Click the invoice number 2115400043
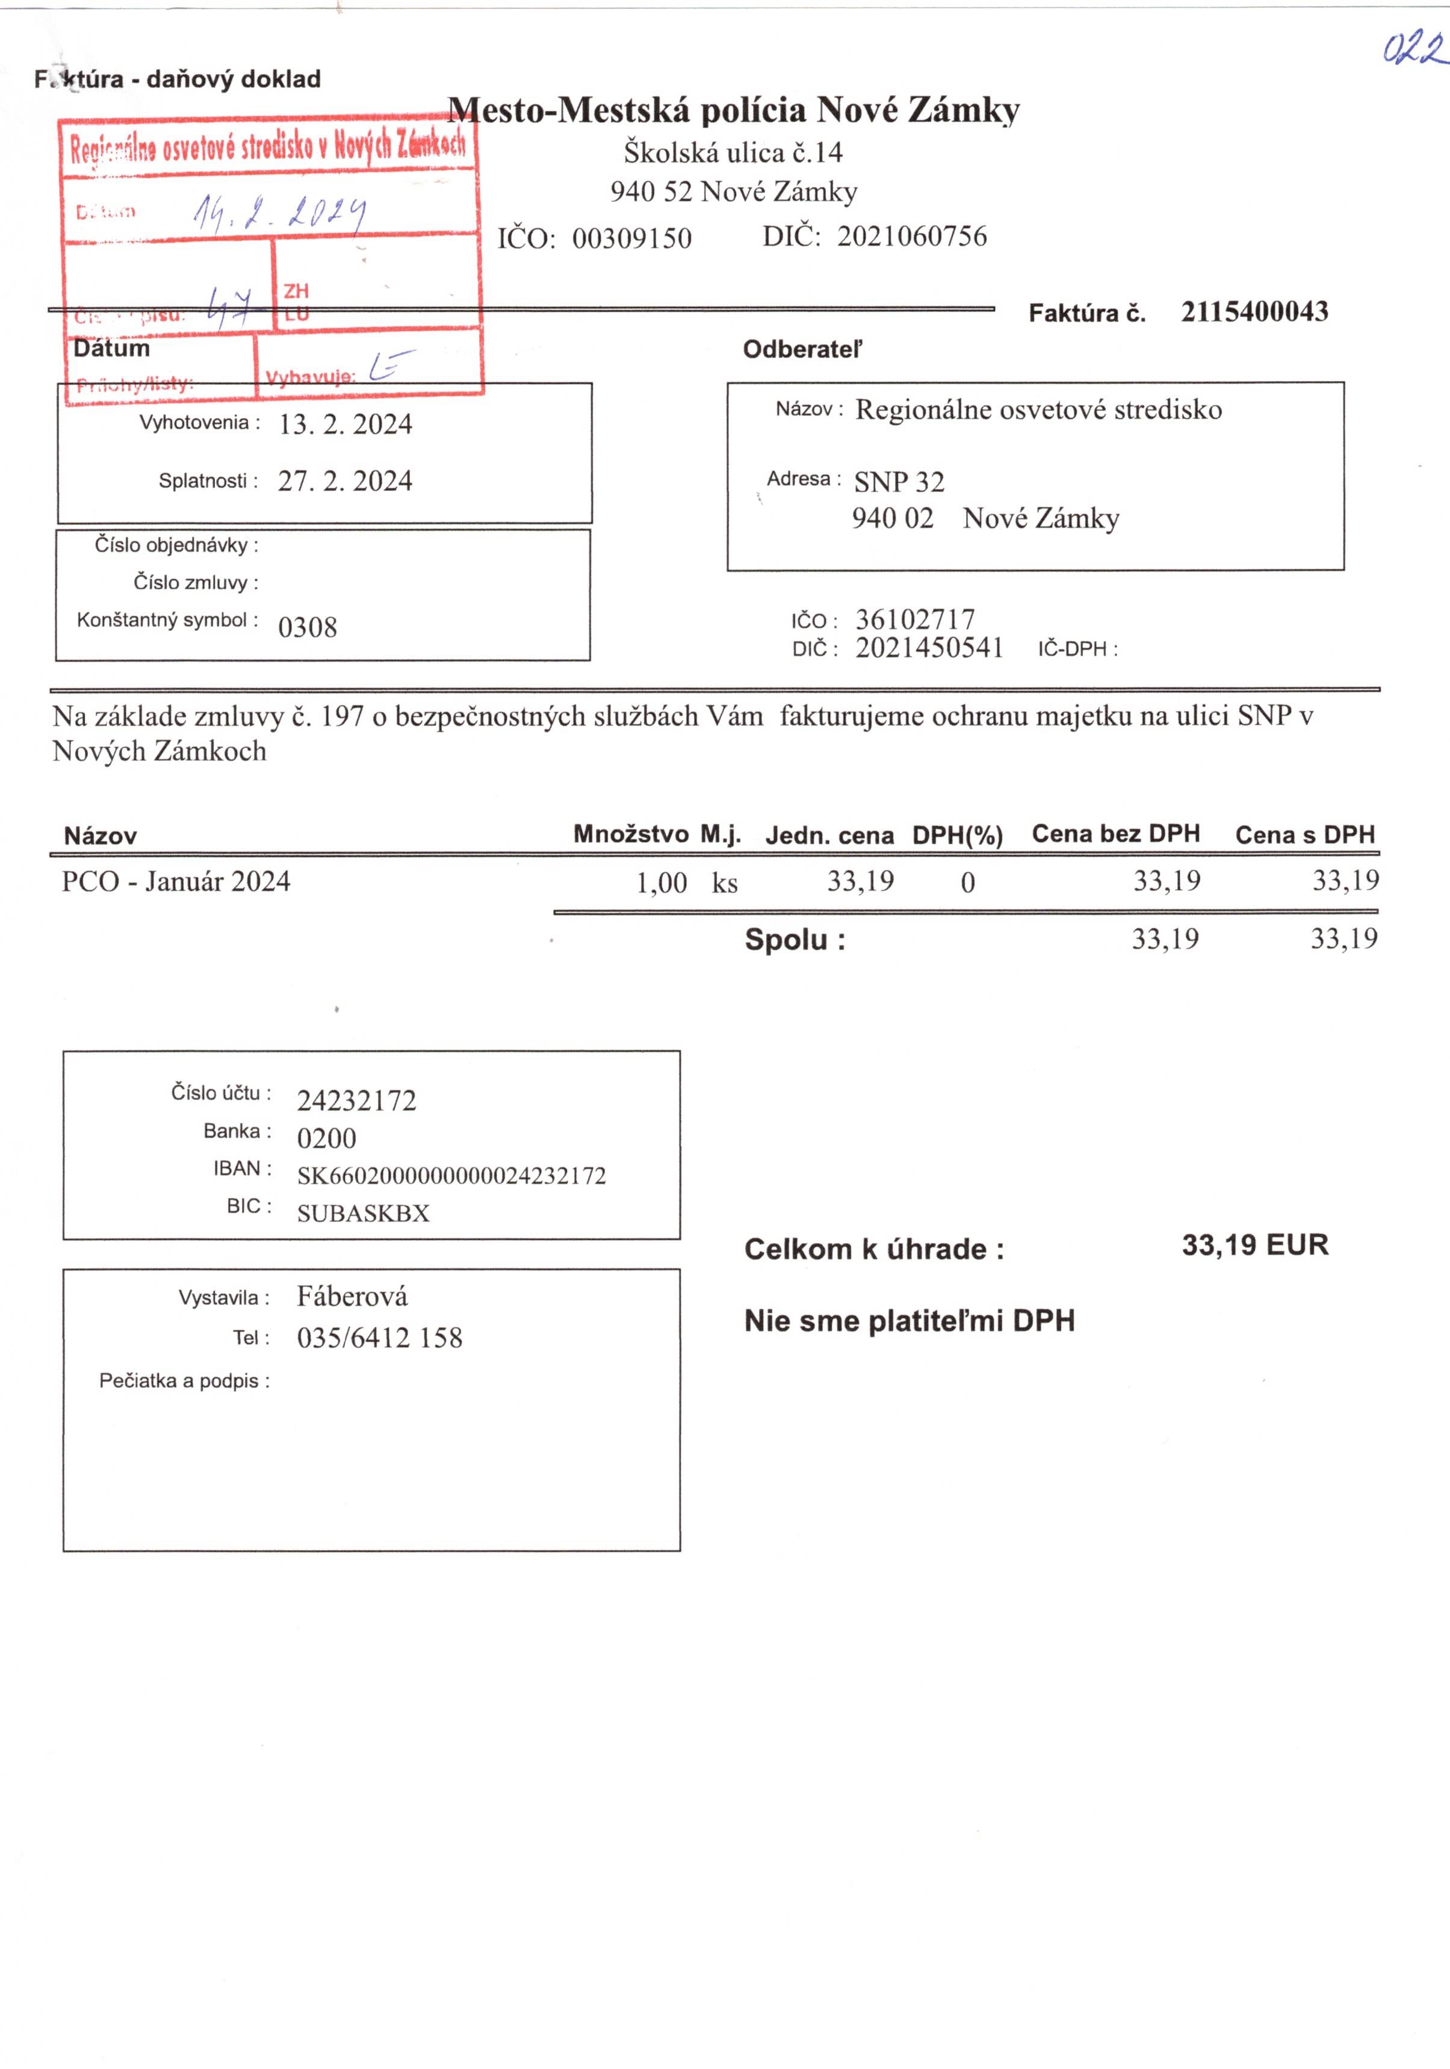click(1254, 312)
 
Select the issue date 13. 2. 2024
click(345, 424)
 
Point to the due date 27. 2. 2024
click(344, 481)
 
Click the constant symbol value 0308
click(308, 627)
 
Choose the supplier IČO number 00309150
click(632, 239)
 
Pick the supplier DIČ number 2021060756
click(911, 236)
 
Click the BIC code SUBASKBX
click(363, 1213)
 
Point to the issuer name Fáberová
click(352, 1297)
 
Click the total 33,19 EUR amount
click(1254, 1245)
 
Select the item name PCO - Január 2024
click(176, 881)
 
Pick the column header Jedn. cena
click(829, 836)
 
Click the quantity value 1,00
click(661, 883)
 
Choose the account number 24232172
click(357, 1101)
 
